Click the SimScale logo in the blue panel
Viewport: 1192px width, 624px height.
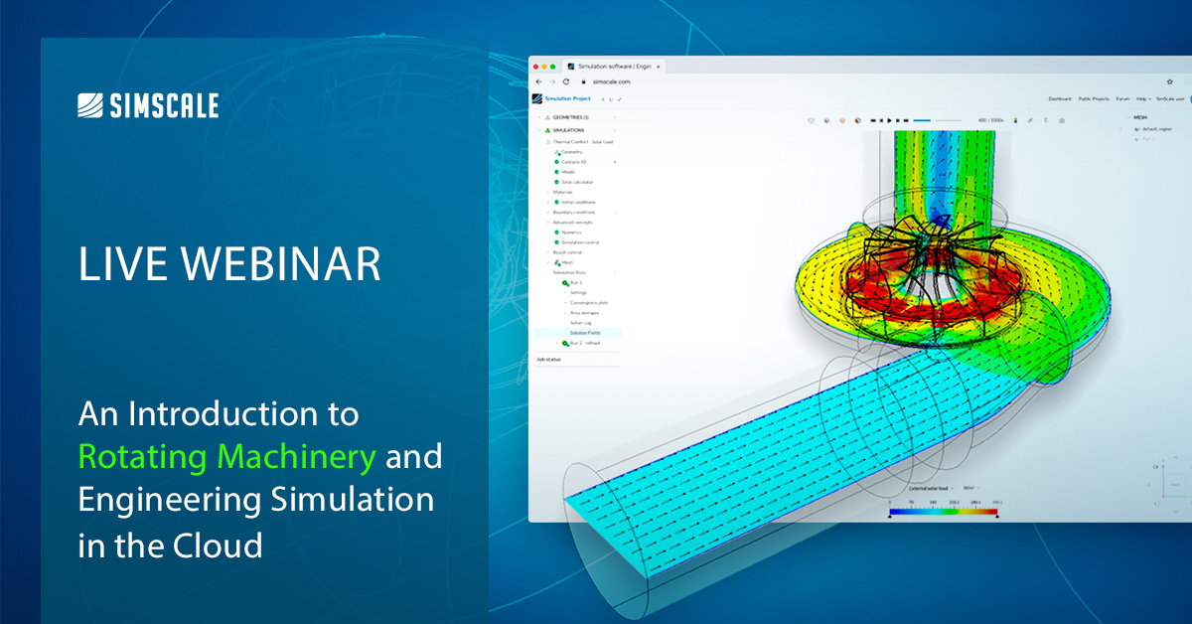point(148,105)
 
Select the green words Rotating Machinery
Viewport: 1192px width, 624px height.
point(227,456)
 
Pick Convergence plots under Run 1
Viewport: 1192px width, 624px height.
point(588,302)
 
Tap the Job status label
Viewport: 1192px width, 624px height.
point(548,359)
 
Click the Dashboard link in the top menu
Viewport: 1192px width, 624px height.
point(1060,98)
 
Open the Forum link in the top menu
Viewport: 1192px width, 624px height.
point(1122,98)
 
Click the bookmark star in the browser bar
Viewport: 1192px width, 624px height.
point(1169,81)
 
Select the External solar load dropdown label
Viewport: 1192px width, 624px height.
point(930,489)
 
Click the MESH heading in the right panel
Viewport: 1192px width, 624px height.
point(1139,117)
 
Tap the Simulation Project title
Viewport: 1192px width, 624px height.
point(567,98)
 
